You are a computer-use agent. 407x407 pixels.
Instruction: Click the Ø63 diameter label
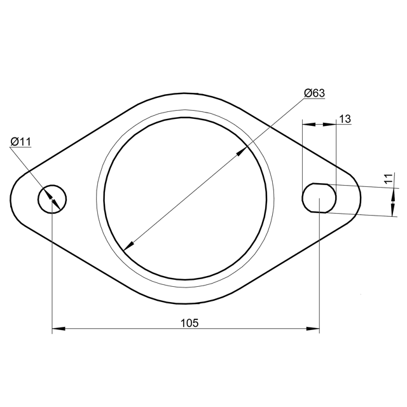[x=314, y=93]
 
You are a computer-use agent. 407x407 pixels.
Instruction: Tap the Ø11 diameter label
[x=21, y=142]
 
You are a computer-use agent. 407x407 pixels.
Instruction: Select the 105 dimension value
[x=190, y=323]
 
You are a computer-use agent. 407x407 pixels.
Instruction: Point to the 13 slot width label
[x=345, y=119]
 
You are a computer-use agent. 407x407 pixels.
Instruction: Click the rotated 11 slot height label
[x=389, y=179]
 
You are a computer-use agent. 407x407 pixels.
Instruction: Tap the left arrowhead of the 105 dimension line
[x=59, y=329]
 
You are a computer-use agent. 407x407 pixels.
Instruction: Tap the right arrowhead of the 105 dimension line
[x=313, y=329]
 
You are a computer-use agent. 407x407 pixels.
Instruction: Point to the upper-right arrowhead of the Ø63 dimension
[x=242, y=151]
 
